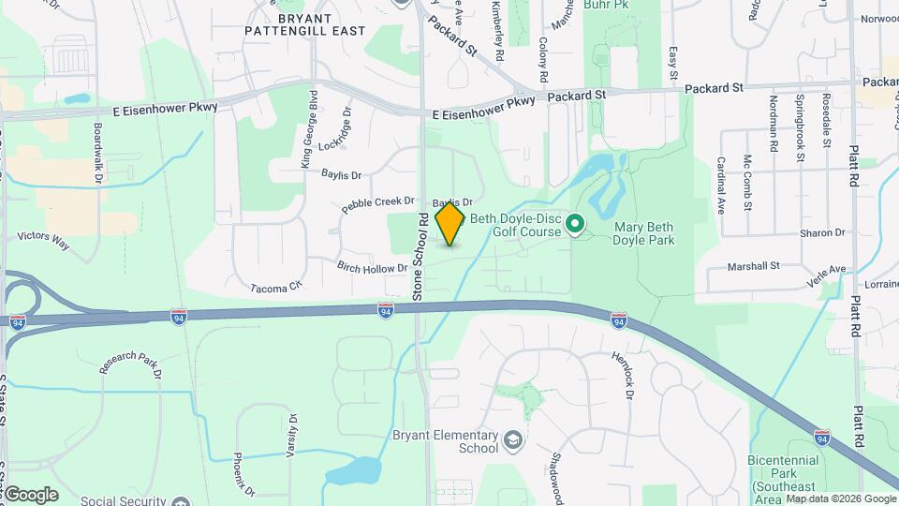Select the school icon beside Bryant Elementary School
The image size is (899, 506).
click(512, 439)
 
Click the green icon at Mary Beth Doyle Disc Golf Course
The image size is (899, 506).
click(575, 225)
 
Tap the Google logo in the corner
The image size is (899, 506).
click(31, 494)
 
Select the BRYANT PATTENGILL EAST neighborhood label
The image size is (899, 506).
click(305, 24)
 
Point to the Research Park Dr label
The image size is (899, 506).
click(131, 366)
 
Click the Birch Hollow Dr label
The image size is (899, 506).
click(373, 267)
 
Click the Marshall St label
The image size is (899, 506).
click(755, 265)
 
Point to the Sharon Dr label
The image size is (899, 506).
click(822, 232)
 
